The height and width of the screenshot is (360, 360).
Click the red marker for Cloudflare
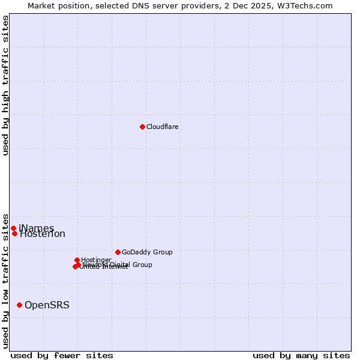[x=142, y=127]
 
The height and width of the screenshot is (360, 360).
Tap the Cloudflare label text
[x=163, y=127]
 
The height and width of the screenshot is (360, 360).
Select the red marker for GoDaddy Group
[x=118, y=252]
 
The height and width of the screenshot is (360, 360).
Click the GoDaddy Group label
[x=147, y=252]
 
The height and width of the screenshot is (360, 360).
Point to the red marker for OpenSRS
[x=19, y=305]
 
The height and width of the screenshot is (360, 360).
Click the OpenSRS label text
[x=47, y=305]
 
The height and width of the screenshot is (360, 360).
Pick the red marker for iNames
[x=13, y=228]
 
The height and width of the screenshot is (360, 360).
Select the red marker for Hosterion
[x=14, y=233]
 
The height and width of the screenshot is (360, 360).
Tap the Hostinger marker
[x=77, y=260]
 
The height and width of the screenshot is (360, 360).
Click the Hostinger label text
[x=96, y=260]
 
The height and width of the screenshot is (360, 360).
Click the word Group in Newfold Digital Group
[x=142, y=265]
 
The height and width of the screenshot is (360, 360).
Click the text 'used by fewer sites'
[x=62, y=355]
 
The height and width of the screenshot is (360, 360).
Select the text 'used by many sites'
[x=301, y=355]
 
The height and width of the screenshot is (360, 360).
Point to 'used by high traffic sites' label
[x=5, y=85]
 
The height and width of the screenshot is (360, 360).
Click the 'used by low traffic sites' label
[x=5, y=280]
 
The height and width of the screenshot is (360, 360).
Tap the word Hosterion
[x=43, y=234]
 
